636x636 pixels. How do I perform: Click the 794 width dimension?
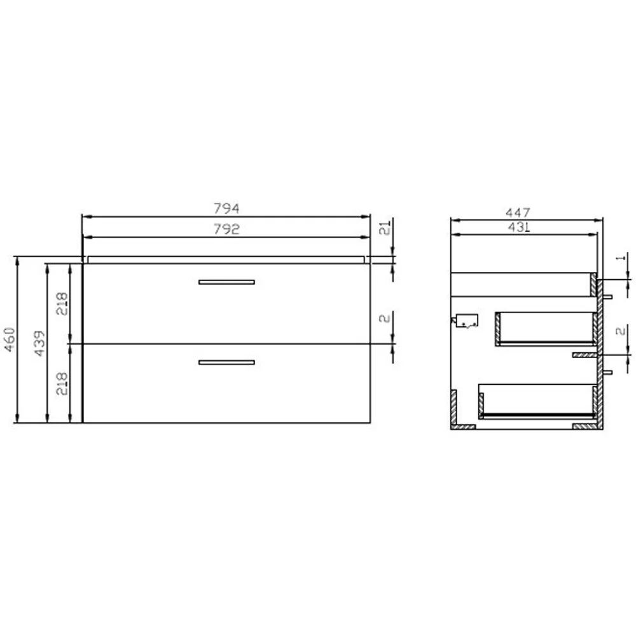pyautogui.click(x=226, y=209)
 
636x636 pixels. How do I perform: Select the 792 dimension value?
pyautogui.click(x=226, y=230)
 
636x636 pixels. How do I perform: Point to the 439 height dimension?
pyautogui.click(x=39, y=343)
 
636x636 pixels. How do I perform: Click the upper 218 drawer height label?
pyautogui.click(x=62, y=303)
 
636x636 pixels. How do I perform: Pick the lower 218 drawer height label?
pyautogui.click(x=62, y=384)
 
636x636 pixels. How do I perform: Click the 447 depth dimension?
pyautogui.click(x=519, y=211)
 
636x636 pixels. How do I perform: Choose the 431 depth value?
pyautogui.click(x=519, y=228)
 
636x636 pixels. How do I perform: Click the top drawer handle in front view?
pyautogui.click(x=226, y=282)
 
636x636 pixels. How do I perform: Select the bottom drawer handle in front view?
pyautogui.click(x=226, y=363)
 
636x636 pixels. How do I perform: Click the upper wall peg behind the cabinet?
pyautogui.click(x=607, y=296)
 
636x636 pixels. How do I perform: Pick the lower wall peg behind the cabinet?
pyautogui.click(x=607, y=372)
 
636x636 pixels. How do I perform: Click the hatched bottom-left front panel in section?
pyautogui.click(x=454, y=410)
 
